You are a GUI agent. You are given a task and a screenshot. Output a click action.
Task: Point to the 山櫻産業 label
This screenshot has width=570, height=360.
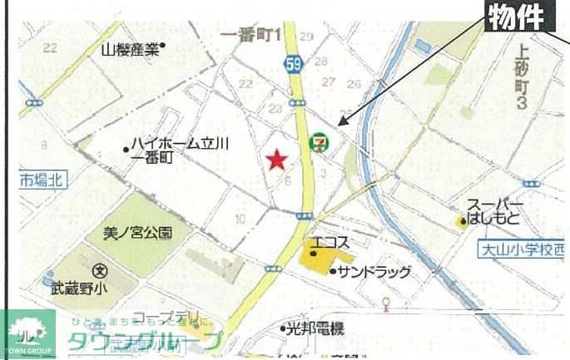pyautogui.click(x=130, y=49)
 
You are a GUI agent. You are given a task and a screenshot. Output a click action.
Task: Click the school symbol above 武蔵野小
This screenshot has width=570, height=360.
pyautogui.click(x=100, y=269)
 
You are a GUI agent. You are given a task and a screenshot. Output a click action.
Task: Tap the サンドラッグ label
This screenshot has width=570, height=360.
pyautogui.click(x=374, y=272)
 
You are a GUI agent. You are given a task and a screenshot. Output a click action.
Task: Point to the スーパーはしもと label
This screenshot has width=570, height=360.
pyautogui.click(x=495, y=213)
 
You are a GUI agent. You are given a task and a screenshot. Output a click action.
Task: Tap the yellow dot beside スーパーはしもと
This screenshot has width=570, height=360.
pyautogui.click(x=462, y=221)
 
